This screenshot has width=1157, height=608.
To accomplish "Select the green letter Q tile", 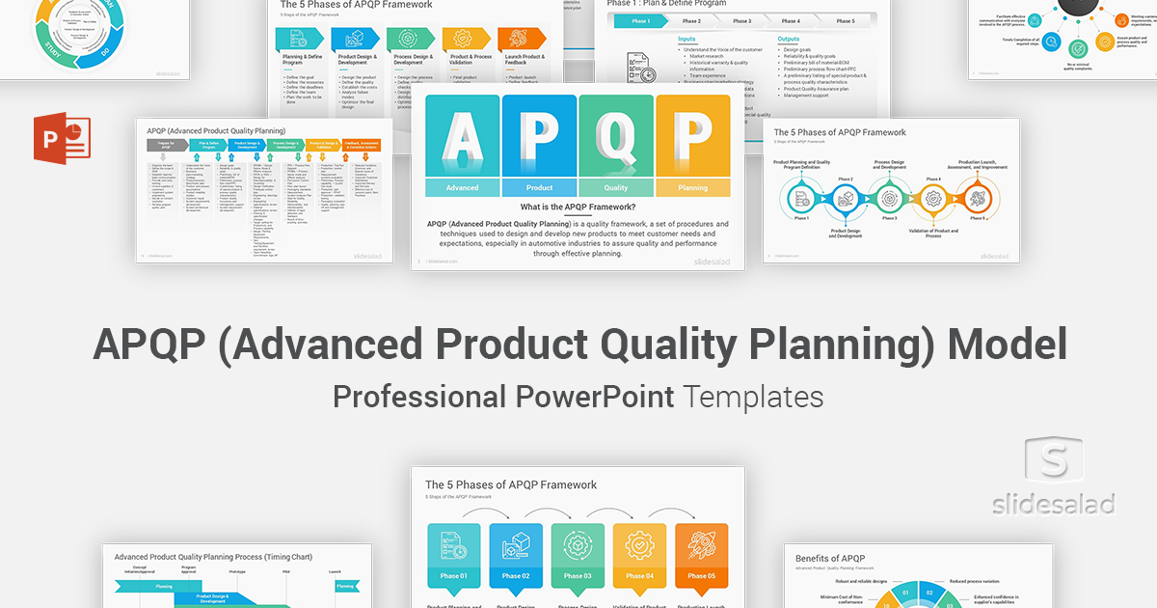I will (x=616, y=137).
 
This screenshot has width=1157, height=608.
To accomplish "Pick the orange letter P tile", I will (x=692, y=137).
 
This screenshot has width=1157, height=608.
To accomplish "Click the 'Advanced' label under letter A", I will (x=462, y=188).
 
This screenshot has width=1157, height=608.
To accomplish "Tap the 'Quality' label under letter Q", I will (x=616, y=188).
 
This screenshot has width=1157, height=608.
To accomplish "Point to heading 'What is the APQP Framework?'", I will (x=578, y=207).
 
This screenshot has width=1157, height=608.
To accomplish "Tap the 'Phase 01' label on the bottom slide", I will (x=454, y=576).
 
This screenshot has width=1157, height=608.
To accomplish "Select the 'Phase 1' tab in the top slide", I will (x=641, y=20).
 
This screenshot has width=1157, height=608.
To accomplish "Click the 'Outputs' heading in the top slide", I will (x=789, y=40).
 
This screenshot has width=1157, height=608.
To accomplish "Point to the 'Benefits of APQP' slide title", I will (x=830, y=558).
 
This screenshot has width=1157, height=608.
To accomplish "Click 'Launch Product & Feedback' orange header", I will (x=521, y=60).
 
